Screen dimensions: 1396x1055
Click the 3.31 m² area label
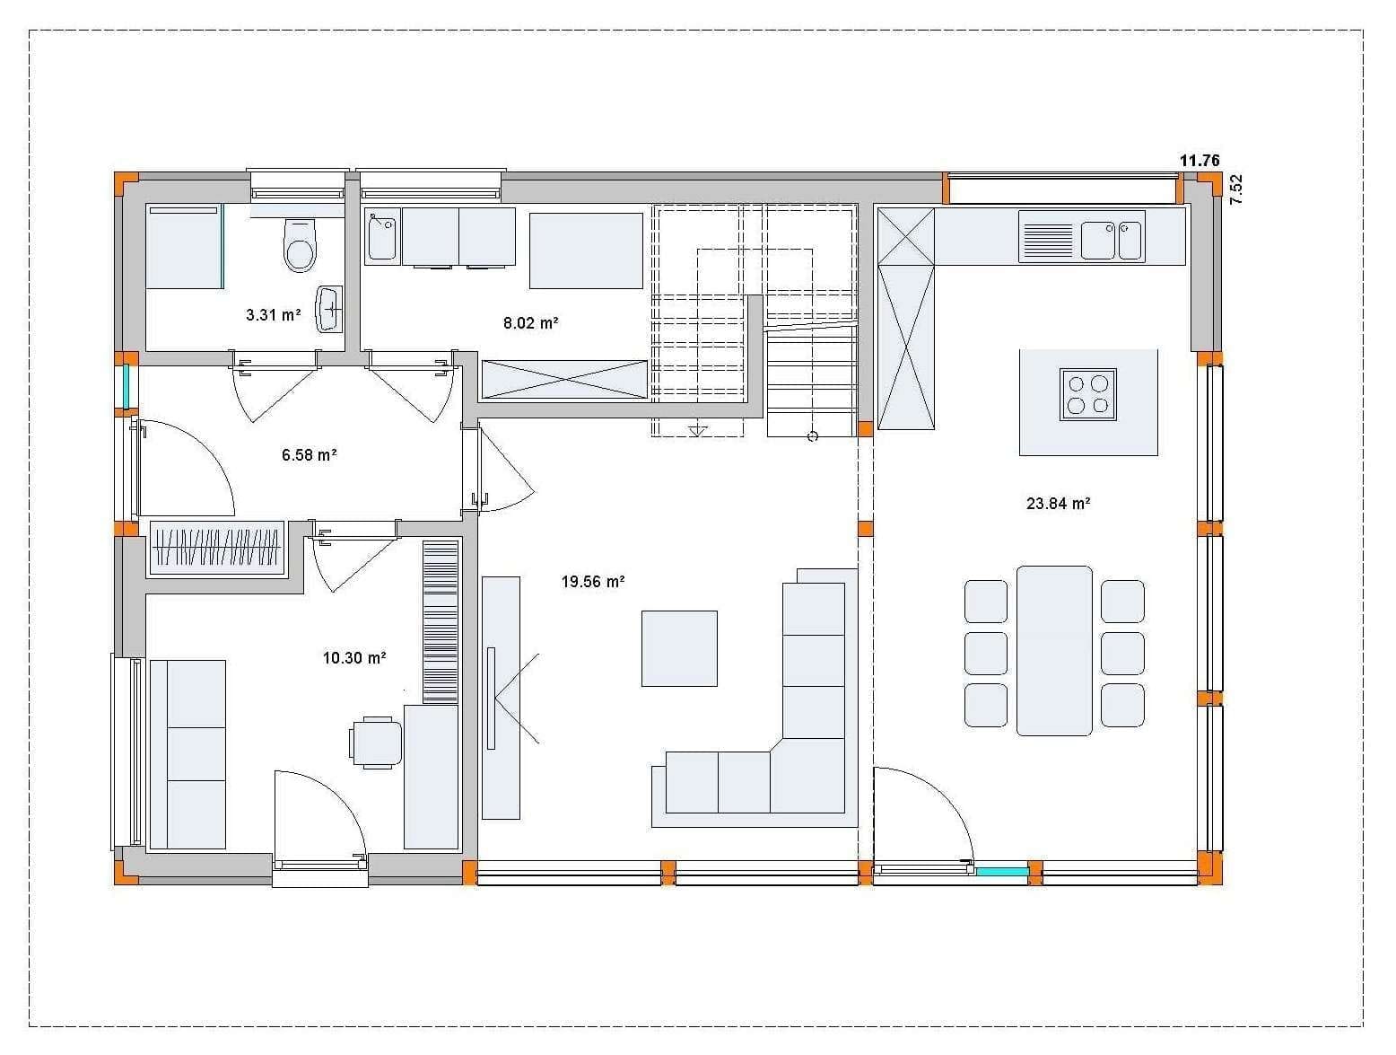273,314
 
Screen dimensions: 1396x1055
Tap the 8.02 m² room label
530,322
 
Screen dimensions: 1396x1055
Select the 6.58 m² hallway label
310,455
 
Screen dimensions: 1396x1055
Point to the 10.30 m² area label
354,657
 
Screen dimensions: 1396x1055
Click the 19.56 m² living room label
593,582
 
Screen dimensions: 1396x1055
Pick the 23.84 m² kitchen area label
1059,504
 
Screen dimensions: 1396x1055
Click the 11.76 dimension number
1200,161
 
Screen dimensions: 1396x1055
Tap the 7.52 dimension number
1235,189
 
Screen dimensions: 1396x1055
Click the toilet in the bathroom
300,245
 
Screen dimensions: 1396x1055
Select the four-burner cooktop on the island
1087,394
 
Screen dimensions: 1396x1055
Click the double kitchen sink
1111,241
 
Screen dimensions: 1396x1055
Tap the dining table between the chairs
1054,650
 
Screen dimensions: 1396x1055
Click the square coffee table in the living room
679,648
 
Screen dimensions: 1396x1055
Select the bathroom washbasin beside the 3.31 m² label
328,309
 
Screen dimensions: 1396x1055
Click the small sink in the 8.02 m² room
381,236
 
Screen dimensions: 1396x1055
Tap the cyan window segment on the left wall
127,386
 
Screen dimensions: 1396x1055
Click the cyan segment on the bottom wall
1002,872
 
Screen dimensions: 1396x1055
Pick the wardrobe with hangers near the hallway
217,546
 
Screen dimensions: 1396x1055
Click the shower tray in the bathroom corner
185,246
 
